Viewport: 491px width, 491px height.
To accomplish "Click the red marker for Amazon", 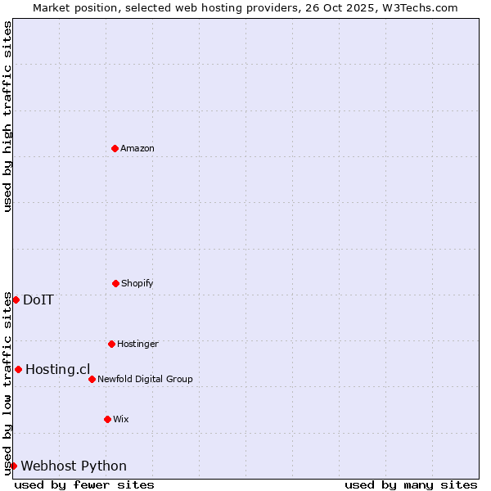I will [x=115, y=148].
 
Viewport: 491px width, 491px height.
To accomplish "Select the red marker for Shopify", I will [x=115, y=283].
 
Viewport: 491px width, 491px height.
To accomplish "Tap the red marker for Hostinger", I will [x=111, y=344].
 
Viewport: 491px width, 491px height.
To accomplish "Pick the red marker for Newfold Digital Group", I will [x=92, y=379].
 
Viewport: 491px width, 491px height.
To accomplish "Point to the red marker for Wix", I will [x=107, y=419].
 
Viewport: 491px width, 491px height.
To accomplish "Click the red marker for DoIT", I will [x=16, y=300].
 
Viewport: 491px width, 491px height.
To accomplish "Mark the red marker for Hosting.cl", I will [x=18, y=369].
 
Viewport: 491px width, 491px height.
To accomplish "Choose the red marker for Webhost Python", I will [x=13, y=466].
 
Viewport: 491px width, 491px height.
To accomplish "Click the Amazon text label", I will [x=137, y=148].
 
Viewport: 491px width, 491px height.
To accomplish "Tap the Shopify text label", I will [x=137, y=283].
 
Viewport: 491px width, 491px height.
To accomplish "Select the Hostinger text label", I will [x=137, y=344].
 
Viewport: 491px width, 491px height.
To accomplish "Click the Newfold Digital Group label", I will [x=145, y=379].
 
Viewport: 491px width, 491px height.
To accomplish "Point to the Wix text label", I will [x=121, y=419].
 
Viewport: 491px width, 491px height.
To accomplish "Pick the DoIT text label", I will [x=38, y=300].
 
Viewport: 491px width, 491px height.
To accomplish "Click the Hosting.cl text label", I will [x=57, y=369].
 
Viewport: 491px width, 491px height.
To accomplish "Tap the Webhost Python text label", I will [x=74, y=466].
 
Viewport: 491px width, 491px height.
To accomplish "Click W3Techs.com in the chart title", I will [x=418, y=7].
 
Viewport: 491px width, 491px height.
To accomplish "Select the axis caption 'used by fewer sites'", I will [x=84, y=484].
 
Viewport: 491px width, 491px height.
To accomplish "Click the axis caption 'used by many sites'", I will [x=411, y=484].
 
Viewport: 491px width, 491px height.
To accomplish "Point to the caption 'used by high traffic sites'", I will [x=7, y=116].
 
